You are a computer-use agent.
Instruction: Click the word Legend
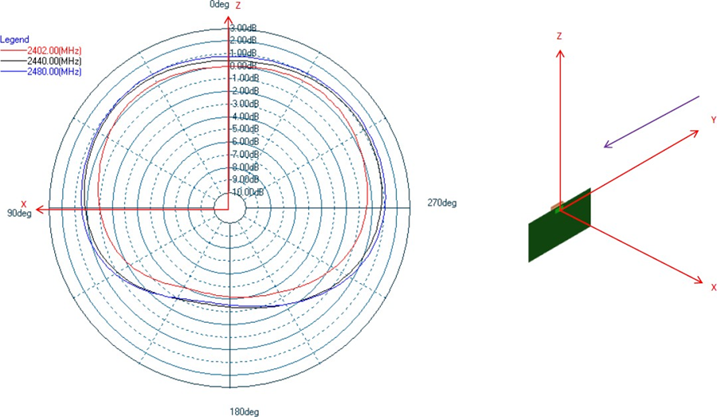coord(15,39)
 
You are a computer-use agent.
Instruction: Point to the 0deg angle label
coord(219,5)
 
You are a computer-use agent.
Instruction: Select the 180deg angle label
coord(245,411)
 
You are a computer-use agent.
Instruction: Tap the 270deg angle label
coord(441,203)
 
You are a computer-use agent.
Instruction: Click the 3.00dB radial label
coord(244,28)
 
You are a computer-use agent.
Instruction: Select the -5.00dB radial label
coord(244,128)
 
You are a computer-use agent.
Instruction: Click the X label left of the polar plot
coord(24,203)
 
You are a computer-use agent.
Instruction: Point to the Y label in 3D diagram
coord(714,120)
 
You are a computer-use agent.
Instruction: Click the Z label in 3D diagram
coord(560,37)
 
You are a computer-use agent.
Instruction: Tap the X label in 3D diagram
coord(713,286)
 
